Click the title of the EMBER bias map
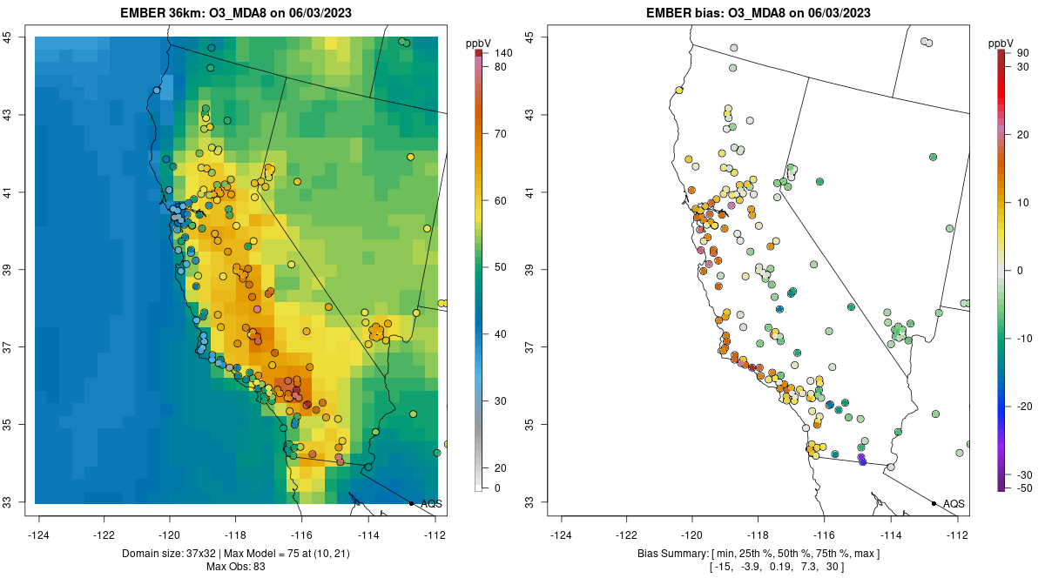758,13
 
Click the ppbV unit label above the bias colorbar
1002,43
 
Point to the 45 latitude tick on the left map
7,37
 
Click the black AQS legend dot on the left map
411,503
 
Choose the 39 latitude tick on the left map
7,270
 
